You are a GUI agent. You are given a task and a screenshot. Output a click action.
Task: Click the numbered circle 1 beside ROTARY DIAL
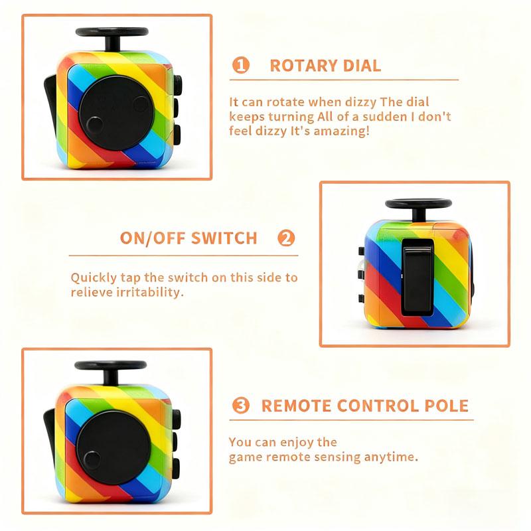(x=241, y=65)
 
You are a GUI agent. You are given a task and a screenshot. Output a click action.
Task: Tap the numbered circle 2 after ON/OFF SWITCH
(x=286, y=238)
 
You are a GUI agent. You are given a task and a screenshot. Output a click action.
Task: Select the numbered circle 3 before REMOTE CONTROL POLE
(x=242, y=406)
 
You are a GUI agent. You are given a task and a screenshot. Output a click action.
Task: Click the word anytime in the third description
(x=396, y=457)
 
